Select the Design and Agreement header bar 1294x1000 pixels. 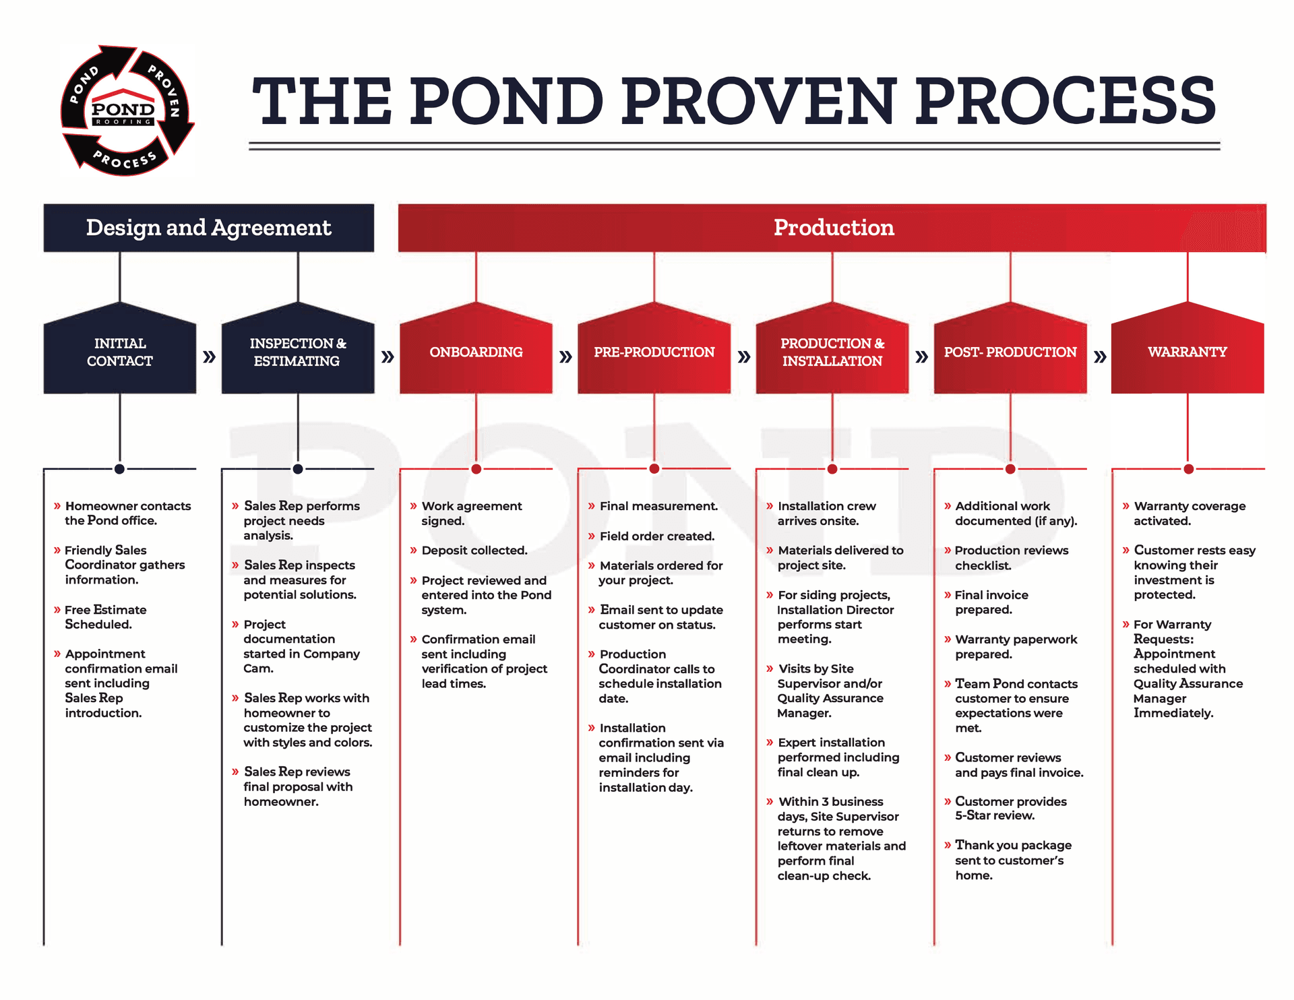pyautogui.click(x=208, y=228)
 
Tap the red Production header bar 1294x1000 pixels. pyautogui.click(x=832, y=228)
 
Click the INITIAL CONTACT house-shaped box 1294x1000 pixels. pyautogui.click(x=119, y=352)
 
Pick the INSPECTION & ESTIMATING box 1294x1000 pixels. pyautogui.click(x=297, y=352)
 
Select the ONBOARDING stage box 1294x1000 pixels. pyautogui.click(x=476, y=352)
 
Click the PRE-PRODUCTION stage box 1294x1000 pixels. pyautogui.click(x=654, y=352)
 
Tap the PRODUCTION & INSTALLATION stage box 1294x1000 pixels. pyautogui.click(x=832, y=352)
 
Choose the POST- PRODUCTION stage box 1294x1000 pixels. pyautogui.click(x=1010, y=352)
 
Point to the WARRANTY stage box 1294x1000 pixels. pyautogui.click(x=1187, y=352)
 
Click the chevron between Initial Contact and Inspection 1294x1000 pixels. pyautogui.click(x=209, y=356)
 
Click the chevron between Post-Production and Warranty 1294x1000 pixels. pyautogui.click(x=1100, y=356)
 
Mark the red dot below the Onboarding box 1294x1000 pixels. pyautogui.click(x=476, y=469)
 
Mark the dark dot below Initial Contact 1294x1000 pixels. pyautogui.click(x=119, y=469)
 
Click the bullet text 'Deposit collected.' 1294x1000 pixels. pyautogui.click(x=474, y=551)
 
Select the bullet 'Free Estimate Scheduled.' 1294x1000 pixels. pyautogui.click(x=105, y=617)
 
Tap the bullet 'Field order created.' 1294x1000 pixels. pyautogui.click(x=656, y=536)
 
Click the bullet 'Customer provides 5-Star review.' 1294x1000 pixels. pyautogui.click(x=1010, y=808)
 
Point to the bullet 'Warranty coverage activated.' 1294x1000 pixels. pyautogui.click(x=1189, y=513)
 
